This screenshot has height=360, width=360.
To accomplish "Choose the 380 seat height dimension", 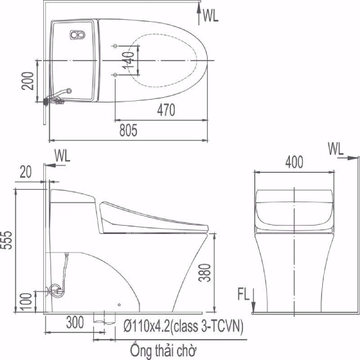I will pyautogui.click(x=205, y=274).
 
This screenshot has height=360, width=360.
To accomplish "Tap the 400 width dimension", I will pyautogui.click(x=293, y=162).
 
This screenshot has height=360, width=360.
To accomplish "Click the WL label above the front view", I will pyautogui.click(x=337, y=148).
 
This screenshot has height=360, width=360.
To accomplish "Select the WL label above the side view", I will pyautogui.click(x=62, y=155).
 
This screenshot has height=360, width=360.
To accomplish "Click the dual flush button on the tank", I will pyautogui.click(x=77, y=35).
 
